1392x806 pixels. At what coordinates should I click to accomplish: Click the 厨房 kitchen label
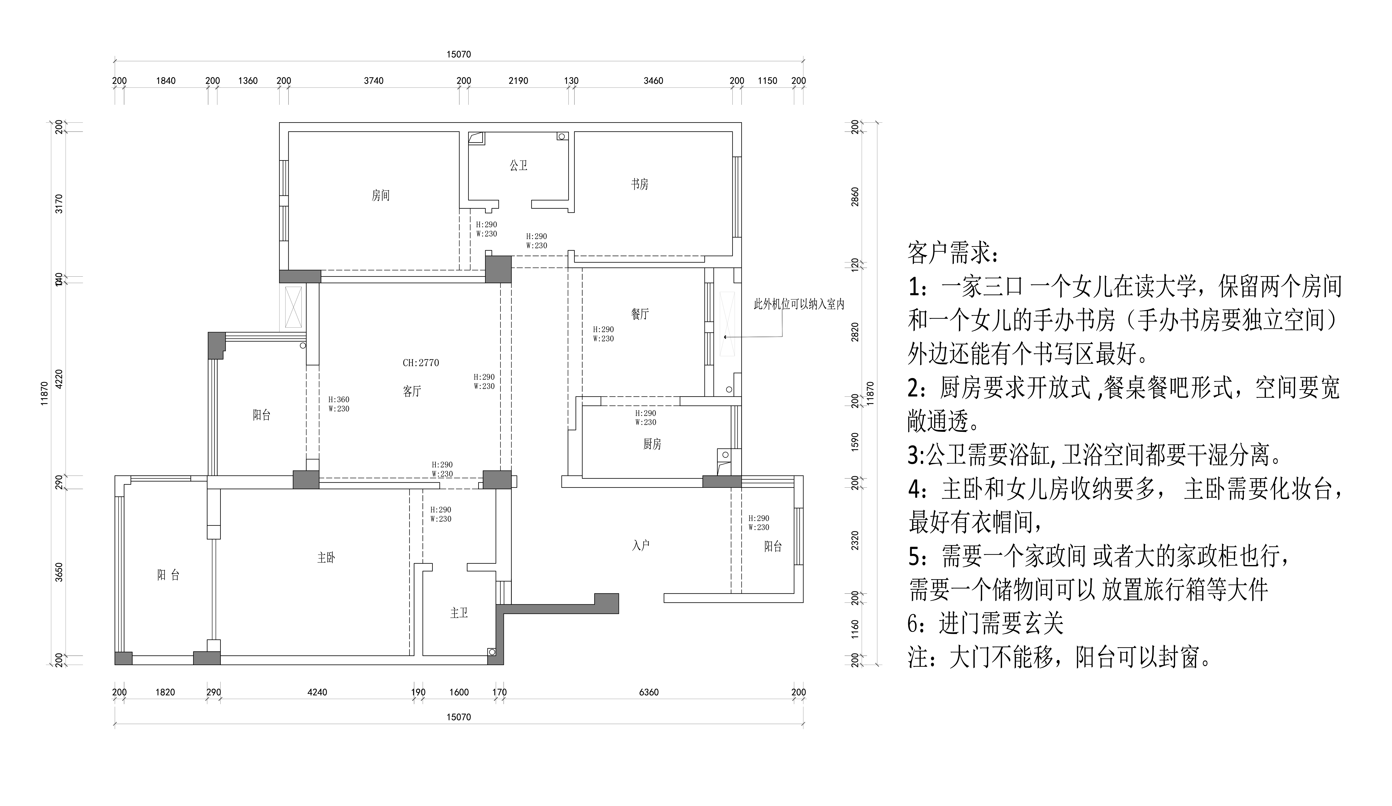(652, 444)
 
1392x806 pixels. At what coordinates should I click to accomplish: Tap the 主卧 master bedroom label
(326, 558)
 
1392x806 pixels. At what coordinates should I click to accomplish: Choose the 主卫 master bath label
(459, 613)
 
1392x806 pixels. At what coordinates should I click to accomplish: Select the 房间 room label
(381, 196)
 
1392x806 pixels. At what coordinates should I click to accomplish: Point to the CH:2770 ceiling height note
(421, 363)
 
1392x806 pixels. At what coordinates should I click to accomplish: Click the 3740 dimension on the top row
(373, 81)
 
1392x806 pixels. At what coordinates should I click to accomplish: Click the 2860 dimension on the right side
(855, 197)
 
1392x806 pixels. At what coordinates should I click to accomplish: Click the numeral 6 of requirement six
(914, 624)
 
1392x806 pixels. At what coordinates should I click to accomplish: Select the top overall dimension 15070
(458, 54)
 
